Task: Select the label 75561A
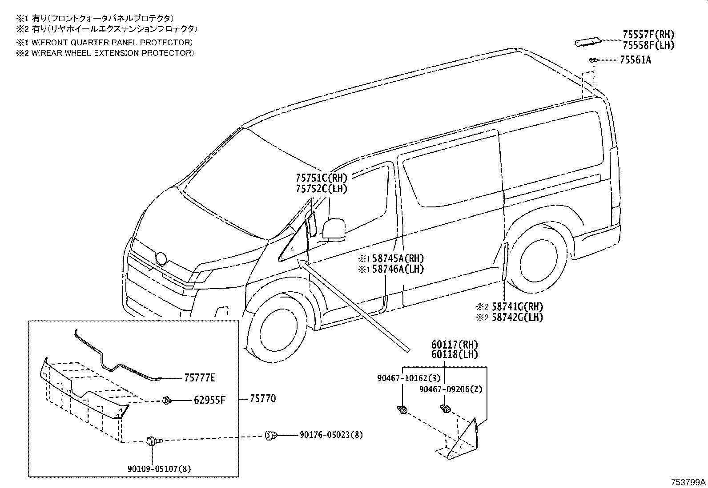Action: [x=635, y=60]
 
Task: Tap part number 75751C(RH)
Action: [x=321, y=178]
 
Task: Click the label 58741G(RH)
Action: [x=516, y=306]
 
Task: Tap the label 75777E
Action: [x=200, y=378]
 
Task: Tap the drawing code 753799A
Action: [x=688, y=482]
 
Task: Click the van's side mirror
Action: [x=334, y=229]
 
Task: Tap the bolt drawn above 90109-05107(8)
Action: [x=151, y=441]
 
